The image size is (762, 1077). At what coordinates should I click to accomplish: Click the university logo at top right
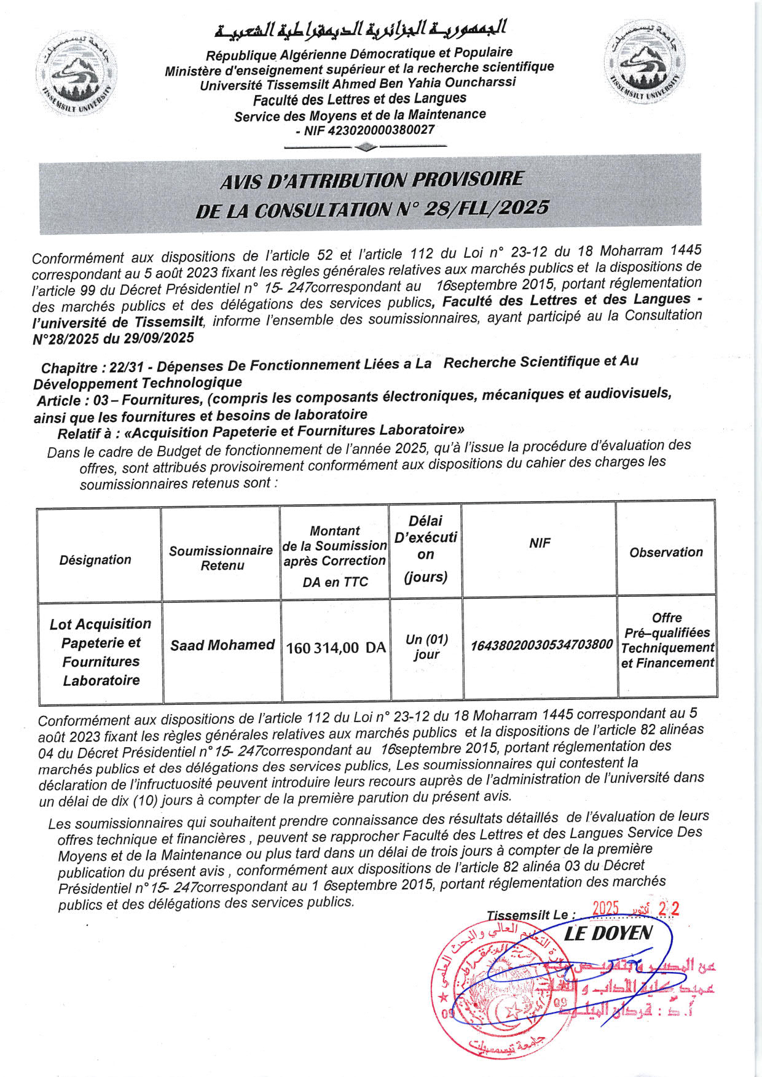tap(645, 62)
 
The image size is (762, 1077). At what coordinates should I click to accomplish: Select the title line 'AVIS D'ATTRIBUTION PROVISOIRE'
tap(371, 180)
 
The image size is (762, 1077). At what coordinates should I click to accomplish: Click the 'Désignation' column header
tap(95, 559)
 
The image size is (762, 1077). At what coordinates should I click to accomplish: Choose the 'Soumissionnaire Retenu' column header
tap(221, 558)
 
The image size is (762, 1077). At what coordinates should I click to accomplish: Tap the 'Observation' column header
tap(666, 552)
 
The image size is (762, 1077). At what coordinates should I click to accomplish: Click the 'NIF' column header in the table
tap(540, 543)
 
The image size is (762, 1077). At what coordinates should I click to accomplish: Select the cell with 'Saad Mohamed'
tap(222, 645)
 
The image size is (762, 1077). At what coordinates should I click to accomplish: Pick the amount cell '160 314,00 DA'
tap(336, 648)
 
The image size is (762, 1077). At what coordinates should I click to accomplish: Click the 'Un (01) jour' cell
tap(426, 647)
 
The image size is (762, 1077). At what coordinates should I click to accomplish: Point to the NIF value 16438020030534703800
tap(541, 645)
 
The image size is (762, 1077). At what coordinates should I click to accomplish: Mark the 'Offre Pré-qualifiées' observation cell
tap(667, 640)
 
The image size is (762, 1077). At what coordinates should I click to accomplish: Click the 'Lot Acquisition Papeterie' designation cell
tap(101, 651)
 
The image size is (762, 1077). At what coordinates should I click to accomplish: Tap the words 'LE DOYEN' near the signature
tap(608, 934)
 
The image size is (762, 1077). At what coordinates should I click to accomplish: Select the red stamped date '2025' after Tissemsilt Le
tap(605, 909)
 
